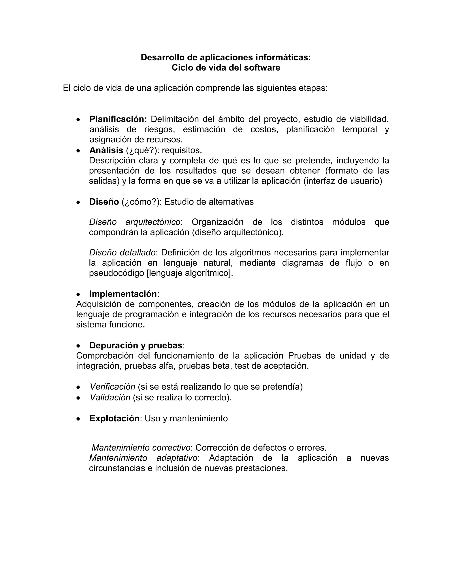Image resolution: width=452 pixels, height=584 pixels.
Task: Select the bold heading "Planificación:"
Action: click(x=118, y=119)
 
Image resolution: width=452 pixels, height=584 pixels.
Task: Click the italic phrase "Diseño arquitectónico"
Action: click(x=135, y=222)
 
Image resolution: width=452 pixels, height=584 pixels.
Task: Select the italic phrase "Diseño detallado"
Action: click(x=122, y=252)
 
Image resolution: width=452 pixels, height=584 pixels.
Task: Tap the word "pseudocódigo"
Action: click(x=117, y=273)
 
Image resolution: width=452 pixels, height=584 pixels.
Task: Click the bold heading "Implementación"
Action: click(x=123, y=294)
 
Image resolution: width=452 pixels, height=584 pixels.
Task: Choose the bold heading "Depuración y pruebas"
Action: click(x=136, y=346)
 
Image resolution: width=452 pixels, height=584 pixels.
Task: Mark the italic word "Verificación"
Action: click(x=113, y=387)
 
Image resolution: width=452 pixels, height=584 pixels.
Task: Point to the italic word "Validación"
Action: click(x=110, y=398)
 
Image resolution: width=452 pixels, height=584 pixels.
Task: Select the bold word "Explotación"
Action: click(x=115, y=418)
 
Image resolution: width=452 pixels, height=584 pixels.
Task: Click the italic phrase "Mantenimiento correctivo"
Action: click(x=141, y=448)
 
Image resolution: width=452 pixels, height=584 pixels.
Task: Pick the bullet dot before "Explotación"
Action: click(x=78, y=419)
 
